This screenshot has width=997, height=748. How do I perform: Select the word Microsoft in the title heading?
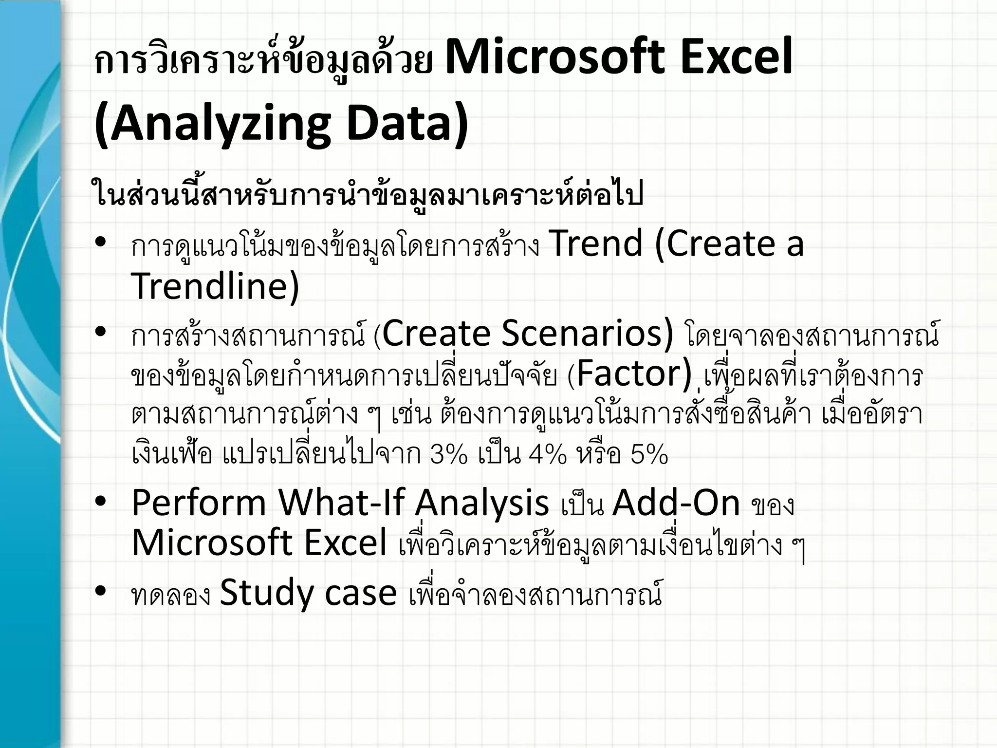pyautogui.click(x=555, y=57)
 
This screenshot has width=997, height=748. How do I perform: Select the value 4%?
pyautogui.click(x=548, y=454)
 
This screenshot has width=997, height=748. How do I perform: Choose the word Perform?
pyautogui.click(x=199, y=503)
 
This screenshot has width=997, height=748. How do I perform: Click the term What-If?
pyautogui.click(x=341, y=503)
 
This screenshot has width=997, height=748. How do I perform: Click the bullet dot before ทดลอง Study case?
pyautogui.click(x=101, y=591)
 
